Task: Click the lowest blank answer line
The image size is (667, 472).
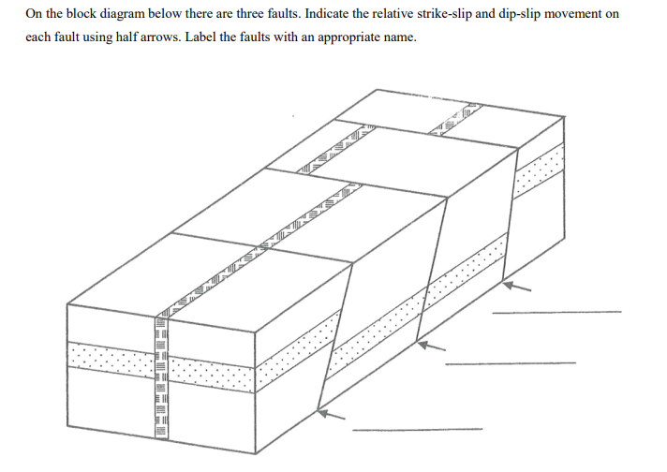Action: (417, 430)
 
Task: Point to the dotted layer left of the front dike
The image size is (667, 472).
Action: (108, 356)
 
